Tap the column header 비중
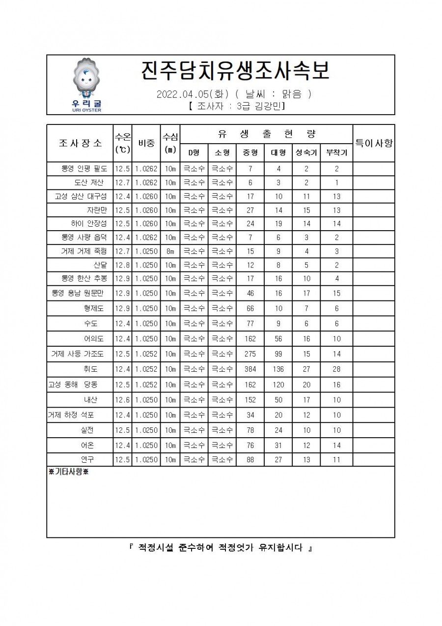click(x=146, y=143)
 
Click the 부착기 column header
click(x=337, y=152)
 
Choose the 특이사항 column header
click(x=374, y=143)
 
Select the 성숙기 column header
click(x=306, y=152)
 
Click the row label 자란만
click(x=97, y=210)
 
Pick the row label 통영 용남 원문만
click(x=78, y=294)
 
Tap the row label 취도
click(x=91, y=369)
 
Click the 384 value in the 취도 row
click(x=250, y=369)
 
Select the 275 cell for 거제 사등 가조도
click(x=250, y=354)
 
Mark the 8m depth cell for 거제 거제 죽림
click(x=170, y=252)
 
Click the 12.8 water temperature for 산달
click(x=122, y=266)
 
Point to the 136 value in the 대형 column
click(x=278, y=369)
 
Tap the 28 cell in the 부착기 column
click(x=337, y=369)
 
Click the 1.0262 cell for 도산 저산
click(x=146, y=183)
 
